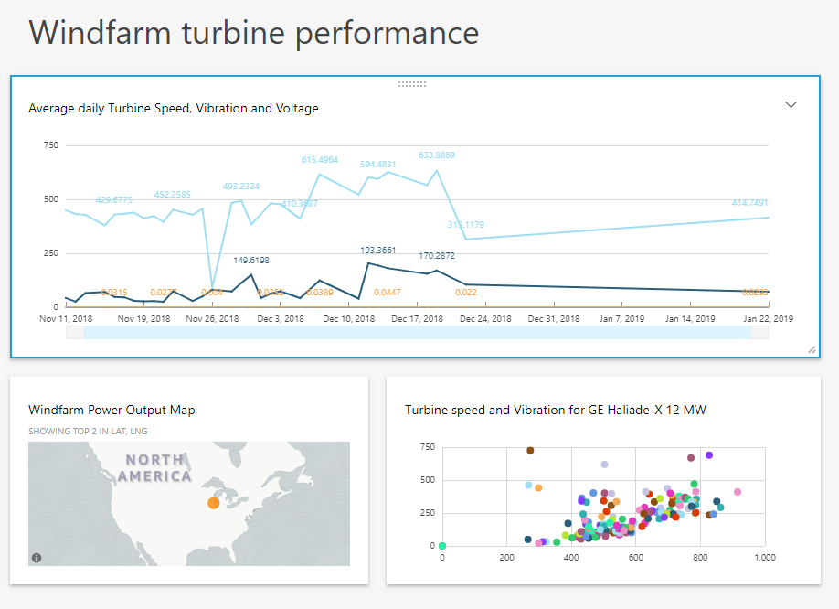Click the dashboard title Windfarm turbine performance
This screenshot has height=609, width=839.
tap(254, 33)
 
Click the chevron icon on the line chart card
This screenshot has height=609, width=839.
tap(791, 105)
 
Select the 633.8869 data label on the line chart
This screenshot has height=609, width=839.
tap(437, 155)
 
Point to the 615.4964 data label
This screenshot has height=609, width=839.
tap(320, 160)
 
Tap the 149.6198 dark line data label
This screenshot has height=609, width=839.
tap(250, 261)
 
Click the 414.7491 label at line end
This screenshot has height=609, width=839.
tap(749, 203)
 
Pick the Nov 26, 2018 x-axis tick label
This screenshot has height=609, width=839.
tap(212, 319)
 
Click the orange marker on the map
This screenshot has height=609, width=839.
tap(213, 503)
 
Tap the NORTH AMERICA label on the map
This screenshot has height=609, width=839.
tap(155, 468)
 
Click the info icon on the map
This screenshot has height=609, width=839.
tap(37, 557)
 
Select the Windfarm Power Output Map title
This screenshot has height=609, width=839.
tap(112, 411)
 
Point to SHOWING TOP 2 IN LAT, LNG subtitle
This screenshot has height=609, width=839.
tap(88, 431)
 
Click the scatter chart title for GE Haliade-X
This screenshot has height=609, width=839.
tap(556, 411)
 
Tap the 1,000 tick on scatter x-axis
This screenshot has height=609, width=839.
tap(764, 557)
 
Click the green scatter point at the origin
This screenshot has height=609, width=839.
tap(442, 546)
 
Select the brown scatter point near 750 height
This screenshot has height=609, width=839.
tap(530, 450)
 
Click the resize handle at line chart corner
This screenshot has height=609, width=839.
tap(812, 350)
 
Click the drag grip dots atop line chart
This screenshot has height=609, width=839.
tap(412, 83)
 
